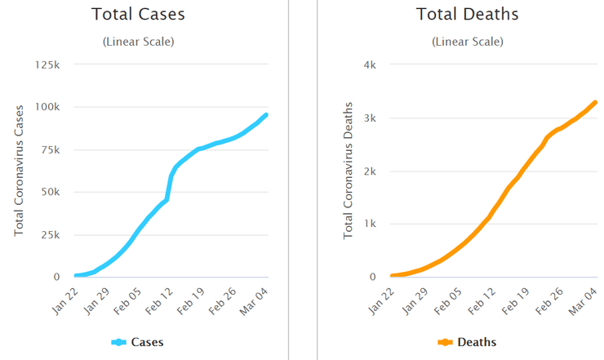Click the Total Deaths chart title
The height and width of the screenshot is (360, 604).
pyautogui.click(x=467, y=15)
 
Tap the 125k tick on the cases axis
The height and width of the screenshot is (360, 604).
pyautogui.click(x=48, y=64)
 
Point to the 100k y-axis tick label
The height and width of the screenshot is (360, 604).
pyautogui.click(x=48, y=107)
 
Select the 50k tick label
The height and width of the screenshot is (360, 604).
pyautogui.click(x=51, y=193)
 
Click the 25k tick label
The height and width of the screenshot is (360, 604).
pyautogui.click(x=51, y=235)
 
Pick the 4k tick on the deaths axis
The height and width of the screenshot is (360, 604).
pyautogui.click(x=369, y=64)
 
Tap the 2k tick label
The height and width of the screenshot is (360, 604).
pyautogui.click(x=369, y=171)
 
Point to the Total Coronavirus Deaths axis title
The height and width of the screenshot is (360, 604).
pyautogui.click(x=349, y=171)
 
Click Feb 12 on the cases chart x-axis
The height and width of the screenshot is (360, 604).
pyautogui.click(x=158, y=299)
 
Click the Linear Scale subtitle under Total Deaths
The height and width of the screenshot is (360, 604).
pyautogui.click(x=467, y=42)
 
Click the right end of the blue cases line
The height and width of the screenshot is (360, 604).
pyautogui.click(x=266, y=115)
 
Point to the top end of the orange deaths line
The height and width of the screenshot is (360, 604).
pyautogui.click(x=595, y=102)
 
